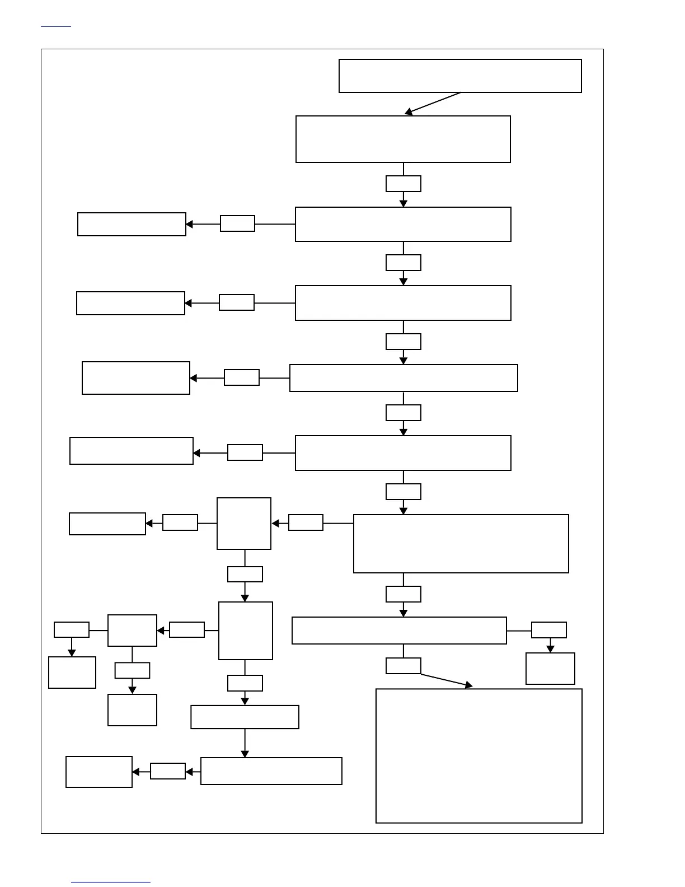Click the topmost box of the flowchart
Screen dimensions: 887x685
pos(460,76)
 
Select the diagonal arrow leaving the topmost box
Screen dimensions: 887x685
pos(433,104)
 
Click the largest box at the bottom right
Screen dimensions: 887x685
pos(478,755)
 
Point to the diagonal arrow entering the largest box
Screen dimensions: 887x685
pos(446,680)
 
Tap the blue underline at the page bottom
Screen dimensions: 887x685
pos(110,882)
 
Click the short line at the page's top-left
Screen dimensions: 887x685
pos(56,26)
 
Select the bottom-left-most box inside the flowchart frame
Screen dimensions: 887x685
pos(98,772)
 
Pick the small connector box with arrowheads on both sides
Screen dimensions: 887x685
pos(168,771)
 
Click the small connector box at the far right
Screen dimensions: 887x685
pos(548,630)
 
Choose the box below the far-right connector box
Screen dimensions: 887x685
pos(550,668)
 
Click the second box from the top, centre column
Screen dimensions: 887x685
pos(403,139)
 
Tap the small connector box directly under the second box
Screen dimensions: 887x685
pos(403,184)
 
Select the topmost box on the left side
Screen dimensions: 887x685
pos(132,224)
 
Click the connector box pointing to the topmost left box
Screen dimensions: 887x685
pos(237,223)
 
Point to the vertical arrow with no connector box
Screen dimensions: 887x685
pos(245,743)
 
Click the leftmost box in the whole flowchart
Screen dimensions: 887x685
pos(72,672)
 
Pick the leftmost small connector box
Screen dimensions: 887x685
pos(72,629)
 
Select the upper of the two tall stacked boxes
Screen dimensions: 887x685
pos(244,524)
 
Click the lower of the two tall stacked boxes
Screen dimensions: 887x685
pos(245,631)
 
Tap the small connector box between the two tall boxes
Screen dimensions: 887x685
pos(245,574)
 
